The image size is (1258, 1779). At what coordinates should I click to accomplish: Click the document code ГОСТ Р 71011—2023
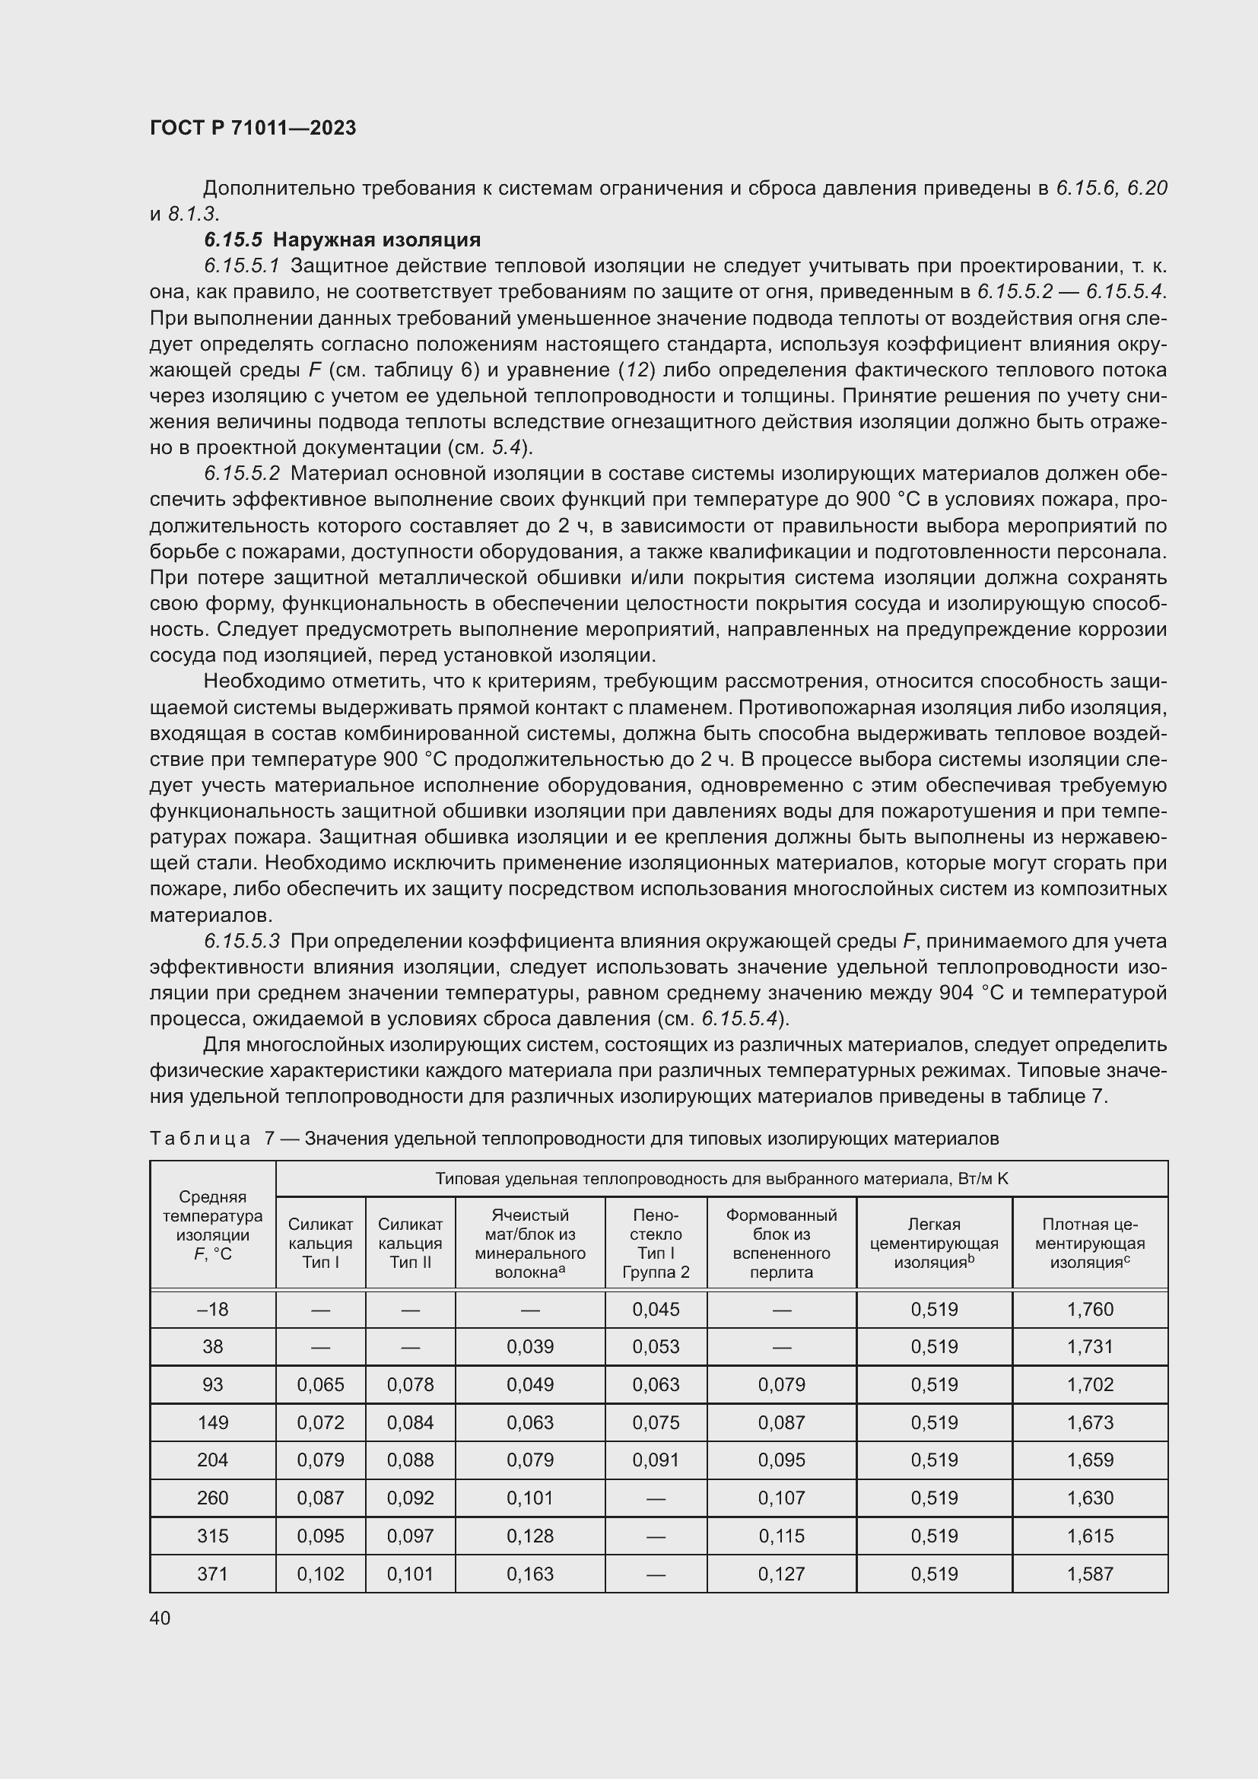(253, 128)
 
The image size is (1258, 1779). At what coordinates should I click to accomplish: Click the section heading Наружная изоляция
(376, 240)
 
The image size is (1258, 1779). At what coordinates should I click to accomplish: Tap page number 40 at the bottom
(160, 1618)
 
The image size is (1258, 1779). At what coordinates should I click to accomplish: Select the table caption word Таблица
(200, 1139)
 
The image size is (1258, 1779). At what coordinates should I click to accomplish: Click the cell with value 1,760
(1089, 1310)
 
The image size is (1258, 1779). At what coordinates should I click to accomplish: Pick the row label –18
(212, 1310)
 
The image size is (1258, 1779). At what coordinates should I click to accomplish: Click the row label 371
(212, 1574)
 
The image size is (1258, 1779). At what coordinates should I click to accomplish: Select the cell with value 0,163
(530, 1574)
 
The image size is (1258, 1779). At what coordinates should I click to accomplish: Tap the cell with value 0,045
(656, 1310)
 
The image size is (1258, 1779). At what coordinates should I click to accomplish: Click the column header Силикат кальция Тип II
(410, 1243)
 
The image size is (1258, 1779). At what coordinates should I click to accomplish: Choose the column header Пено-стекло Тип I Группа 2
(656, 1243)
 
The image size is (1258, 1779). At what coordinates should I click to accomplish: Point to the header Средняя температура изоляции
(212, 1225)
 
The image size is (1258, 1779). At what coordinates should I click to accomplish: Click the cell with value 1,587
(1089, 1574)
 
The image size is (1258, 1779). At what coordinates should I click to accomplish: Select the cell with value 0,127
(781, 1574)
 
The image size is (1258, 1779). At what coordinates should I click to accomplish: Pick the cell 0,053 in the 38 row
(656, 1347)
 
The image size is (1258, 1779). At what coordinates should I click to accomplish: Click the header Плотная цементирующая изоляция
(1089, 1243)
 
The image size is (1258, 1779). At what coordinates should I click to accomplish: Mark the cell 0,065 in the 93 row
(320, 1384)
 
